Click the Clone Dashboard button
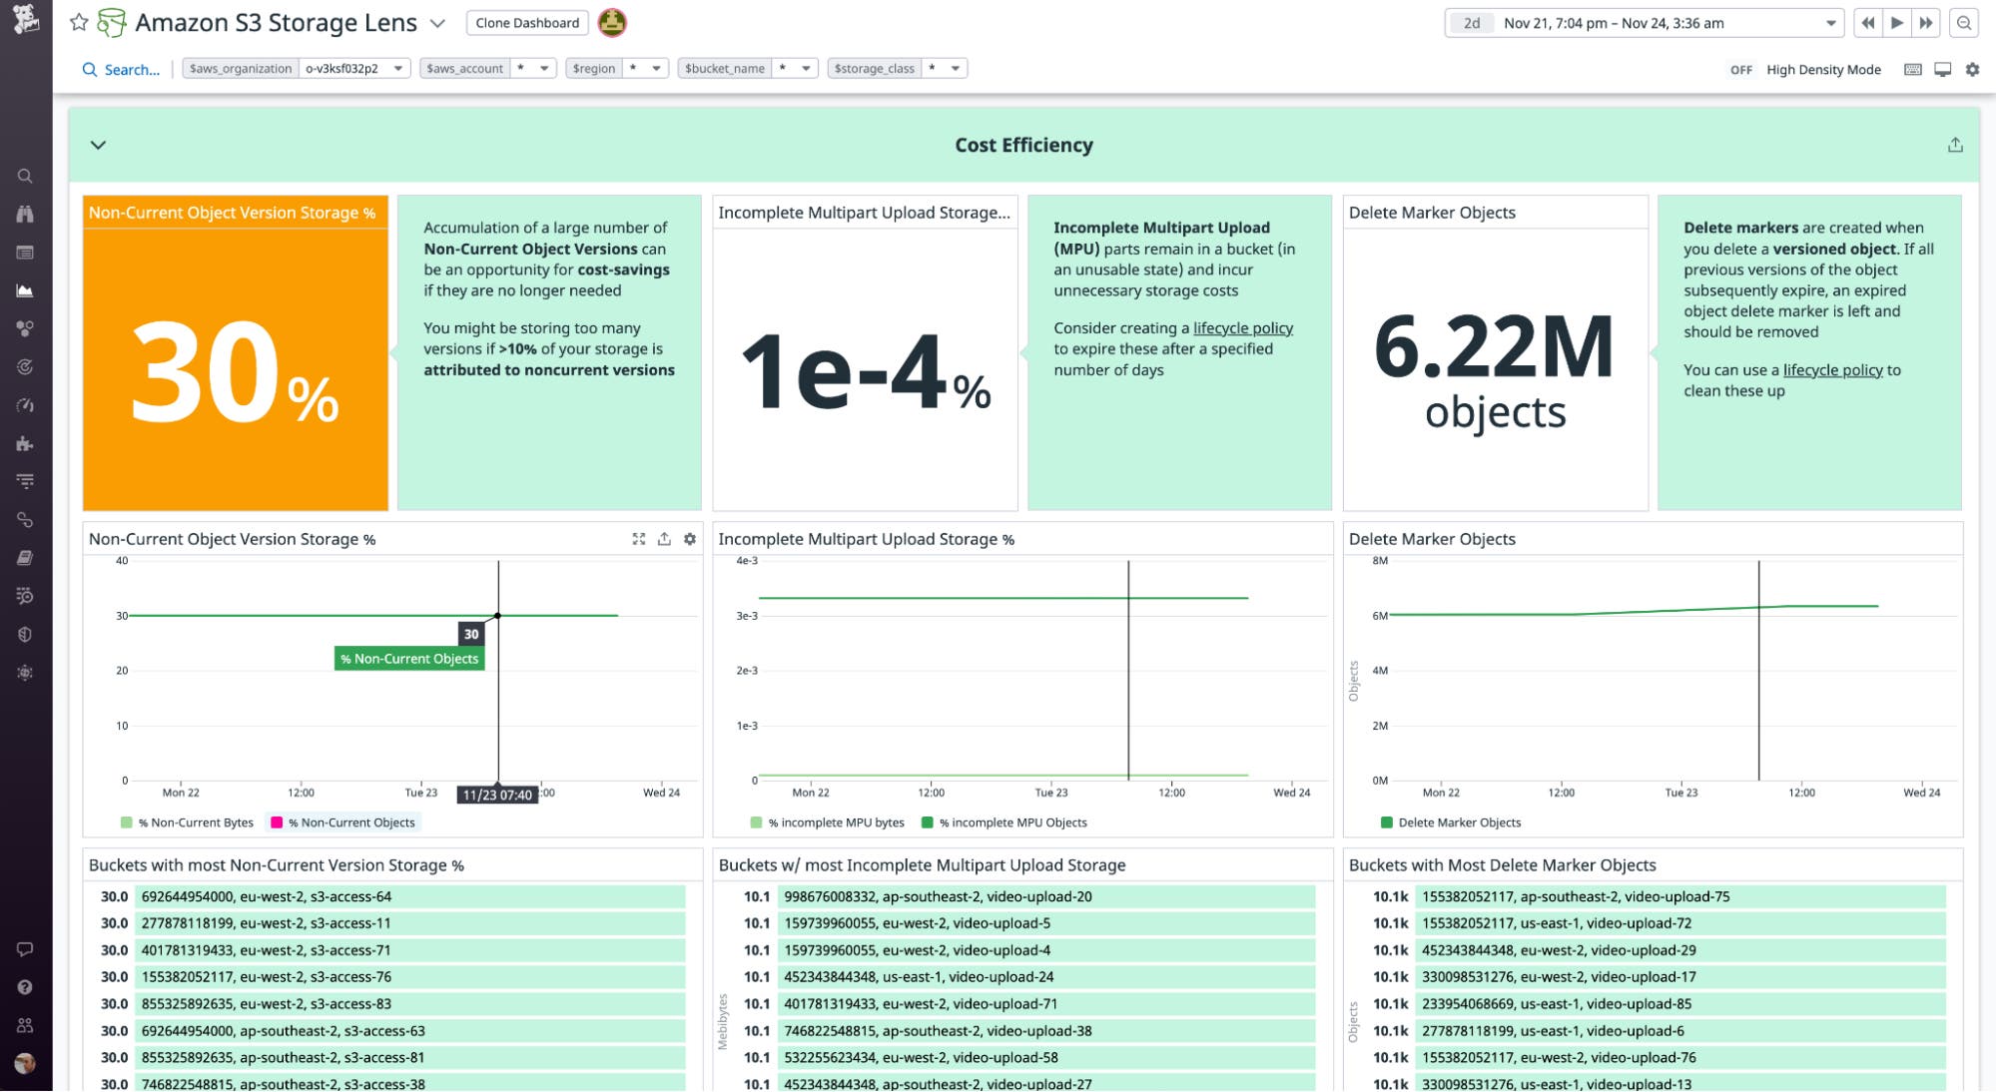[x=527, y=23]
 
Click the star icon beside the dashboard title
[x=79, y=22]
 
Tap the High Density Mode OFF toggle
[x=1740, y=70]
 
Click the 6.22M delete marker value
[x=1494, y=347]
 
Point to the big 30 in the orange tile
[x=206, y=373]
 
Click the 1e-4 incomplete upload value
[x=844, y=372]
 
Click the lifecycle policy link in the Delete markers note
[x=1832, y=370]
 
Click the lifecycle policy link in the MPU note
[x=1242, y=328]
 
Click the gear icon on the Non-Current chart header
[x=689, y=539]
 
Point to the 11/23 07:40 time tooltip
[x=497, y=795]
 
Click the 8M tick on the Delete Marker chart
[x=1380, y=561]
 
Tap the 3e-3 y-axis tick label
[x=747, y=616]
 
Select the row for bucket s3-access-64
[x=384, y=896]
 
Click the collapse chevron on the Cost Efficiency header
[x=98, y=145]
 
